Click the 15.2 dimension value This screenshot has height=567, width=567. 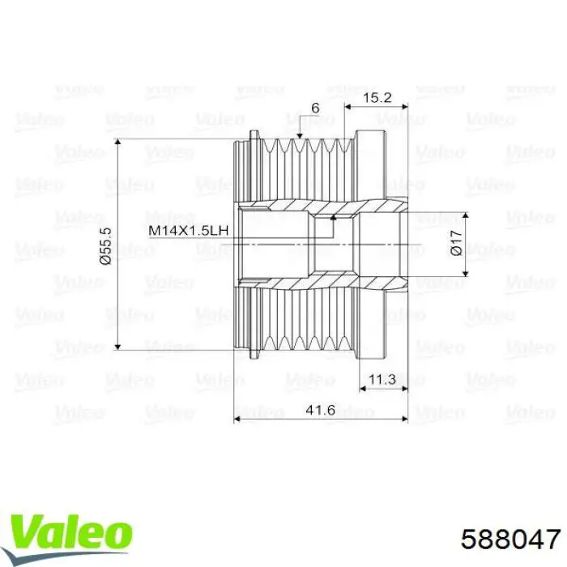pos(377,98)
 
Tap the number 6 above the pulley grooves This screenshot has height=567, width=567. pos(315,108)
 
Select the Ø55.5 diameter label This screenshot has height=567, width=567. pos(106,246)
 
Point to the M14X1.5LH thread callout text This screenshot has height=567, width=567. pos(189,230)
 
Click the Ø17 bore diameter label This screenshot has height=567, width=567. pos(456,243)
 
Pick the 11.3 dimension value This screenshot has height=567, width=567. pos(382,379)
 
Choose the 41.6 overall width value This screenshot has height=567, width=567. pos(321,410)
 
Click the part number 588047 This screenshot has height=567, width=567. pos(510,539)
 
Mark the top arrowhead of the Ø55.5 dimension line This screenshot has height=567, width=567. pos(117,142)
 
